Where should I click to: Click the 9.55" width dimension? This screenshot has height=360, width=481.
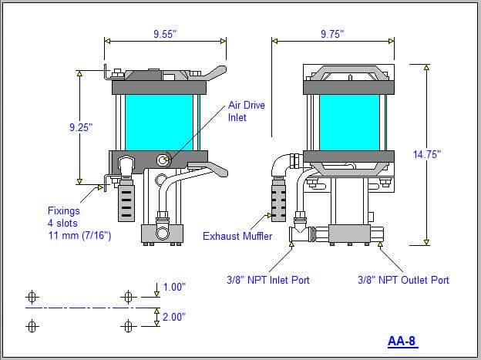tap(165, 34)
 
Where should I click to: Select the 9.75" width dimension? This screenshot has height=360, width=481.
tap(332, 34)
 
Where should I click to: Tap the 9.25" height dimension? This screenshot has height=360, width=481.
tap(81, 127)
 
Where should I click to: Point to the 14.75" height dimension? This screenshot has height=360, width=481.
tap(427, 154)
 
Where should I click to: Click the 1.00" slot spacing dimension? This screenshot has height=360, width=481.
tap(174, 287)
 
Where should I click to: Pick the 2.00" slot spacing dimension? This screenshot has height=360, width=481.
tap(174, 317)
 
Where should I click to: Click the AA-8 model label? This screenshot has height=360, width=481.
tap(402, 341)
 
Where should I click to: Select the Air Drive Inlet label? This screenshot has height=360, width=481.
tap(246, 111)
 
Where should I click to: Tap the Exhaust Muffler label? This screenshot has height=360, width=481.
tap(237, 236)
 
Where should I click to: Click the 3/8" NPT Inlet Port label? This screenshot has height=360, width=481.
tap(268, 280)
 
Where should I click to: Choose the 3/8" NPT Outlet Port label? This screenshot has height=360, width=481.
tap(403, 280)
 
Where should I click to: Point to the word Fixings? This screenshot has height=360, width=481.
tap(64, 211)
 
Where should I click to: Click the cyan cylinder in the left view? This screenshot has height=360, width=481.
tap(159, 123)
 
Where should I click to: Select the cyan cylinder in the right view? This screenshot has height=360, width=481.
tap(349, 123)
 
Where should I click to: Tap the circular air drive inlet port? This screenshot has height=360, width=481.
tap(162, 160)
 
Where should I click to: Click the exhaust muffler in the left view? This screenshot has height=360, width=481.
tap(126, 200)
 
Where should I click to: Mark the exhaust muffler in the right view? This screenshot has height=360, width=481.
tap(279, 199)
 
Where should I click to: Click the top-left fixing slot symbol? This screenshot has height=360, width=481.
tap(32, 297)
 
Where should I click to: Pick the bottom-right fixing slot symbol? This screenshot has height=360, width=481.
tap(128, 326)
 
